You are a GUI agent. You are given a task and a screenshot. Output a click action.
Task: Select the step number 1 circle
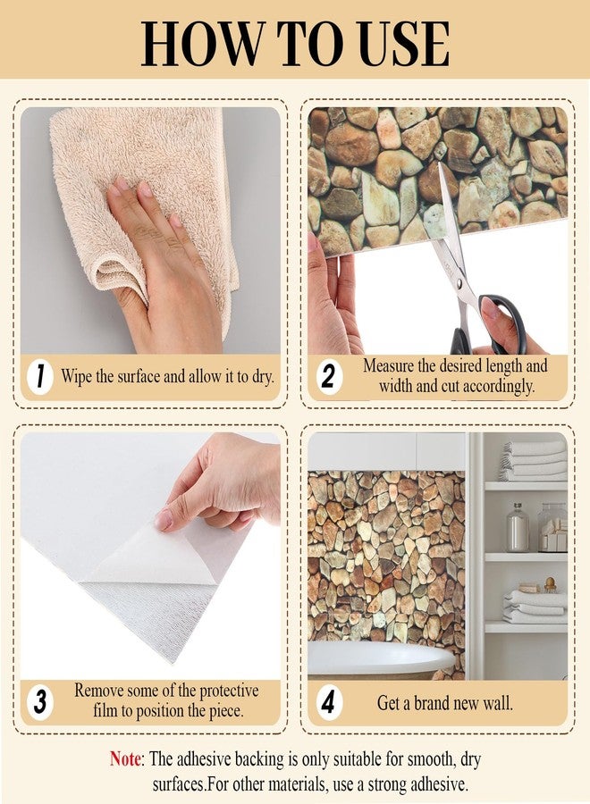pos(40,378)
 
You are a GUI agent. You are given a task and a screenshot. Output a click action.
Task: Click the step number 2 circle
pos(328,378)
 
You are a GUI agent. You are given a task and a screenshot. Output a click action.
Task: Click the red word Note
pos(125,758)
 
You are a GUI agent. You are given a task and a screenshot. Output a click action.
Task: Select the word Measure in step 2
pos(388,365)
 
